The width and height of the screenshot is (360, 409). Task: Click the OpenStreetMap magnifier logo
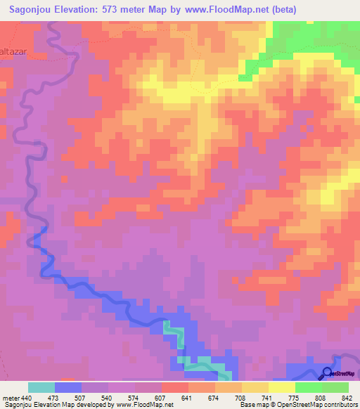click(x=328, y=373)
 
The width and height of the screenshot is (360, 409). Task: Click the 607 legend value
click(x=161, y=398)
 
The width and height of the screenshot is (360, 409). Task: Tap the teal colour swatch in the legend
click(x=41, y=387)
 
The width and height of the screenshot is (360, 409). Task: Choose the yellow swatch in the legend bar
click(x=281, y=387)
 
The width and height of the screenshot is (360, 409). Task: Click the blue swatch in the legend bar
click(x=67, y=387)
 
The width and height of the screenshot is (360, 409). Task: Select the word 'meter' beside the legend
click(x=11, y=398)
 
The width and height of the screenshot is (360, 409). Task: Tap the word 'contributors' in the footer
click(x=338, y=405)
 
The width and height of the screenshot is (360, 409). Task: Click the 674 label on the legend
click(x=214, y=398)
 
